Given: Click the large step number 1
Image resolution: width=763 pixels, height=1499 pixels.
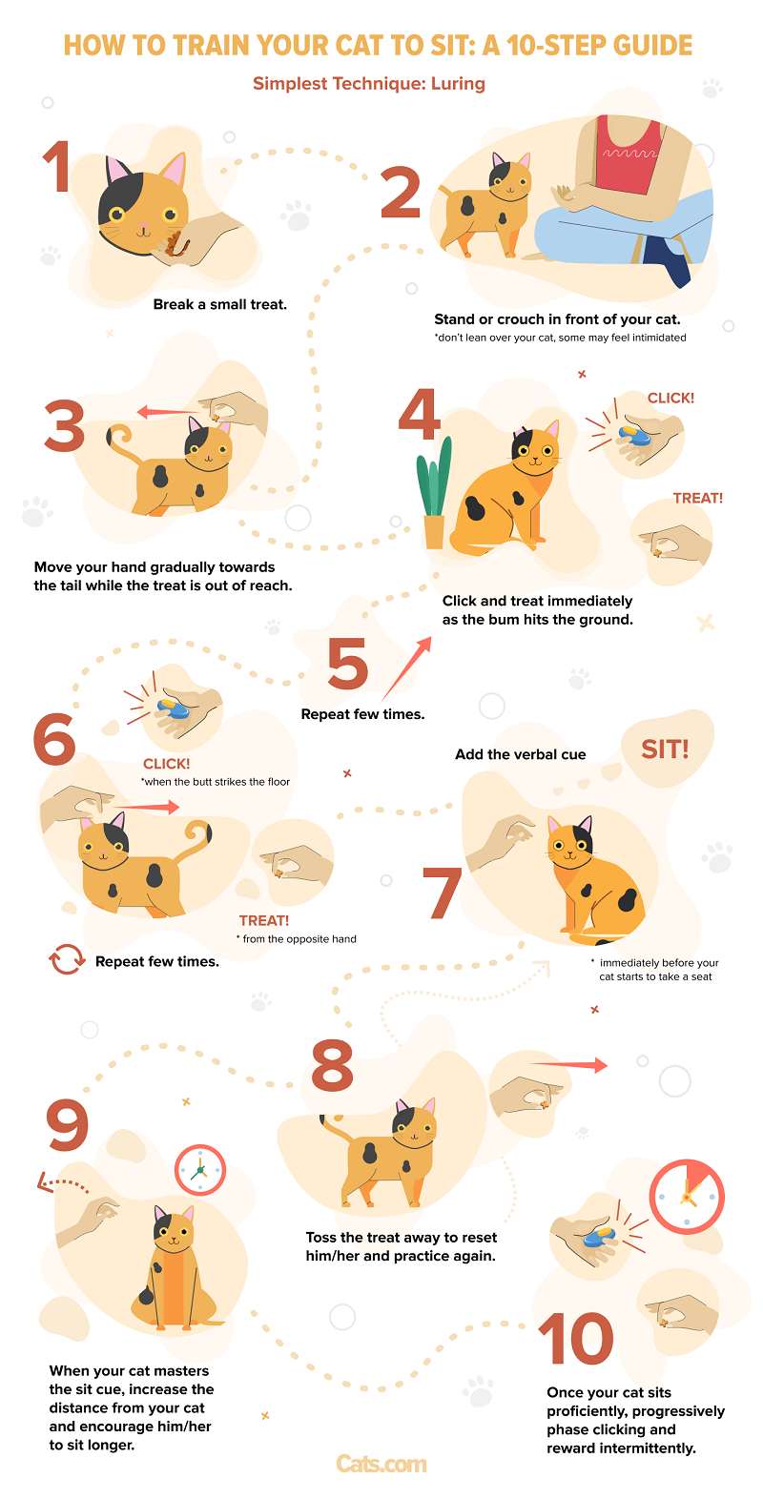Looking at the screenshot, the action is point(59,166).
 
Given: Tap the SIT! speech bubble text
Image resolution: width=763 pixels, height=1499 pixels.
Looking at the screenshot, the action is point(665,749).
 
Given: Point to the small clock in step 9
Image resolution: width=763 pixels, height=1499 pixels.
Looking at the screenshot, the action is point(200,1170).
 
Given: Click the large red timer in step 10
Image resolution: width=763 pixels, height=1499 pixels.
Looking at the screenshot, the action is point(687,1197).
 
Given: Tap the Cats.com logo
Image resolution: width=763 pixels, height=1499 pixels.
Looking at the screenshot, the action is point(381,1464).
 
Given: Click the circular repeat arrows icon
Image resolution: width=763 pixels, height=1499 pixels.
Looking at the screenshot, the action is point(67,959).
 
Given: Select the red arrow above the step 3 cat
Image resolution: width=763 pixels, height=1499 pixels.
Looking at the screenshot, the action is point(167,412).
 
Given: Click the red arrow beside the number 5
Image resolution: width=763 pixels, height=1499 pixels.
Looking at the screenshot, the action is point(406,667).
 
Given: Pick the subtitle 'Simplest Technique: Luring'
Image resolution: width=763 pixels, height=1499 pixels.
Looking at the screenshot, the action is point(369,84).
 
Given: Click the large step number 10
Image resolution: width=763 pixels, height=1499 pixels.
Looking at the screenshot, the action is point(576,1339).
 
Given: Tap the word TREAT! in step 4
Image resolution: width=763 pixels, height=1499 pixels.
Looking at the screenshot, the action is point(698,498).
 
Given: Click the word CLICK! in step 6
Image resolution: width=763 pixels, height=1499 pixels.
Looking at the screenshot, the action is point(166,764).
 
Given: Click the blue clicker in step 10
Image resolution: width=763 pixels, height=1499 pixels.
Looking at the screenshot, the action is point(598,1238).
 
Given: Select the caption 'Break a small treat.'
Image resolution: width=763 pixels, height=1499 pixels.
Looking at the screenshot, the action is point(219,304).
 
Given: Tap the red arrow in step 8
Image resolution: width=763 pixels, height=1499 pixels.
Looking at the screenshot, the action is point(568,1064).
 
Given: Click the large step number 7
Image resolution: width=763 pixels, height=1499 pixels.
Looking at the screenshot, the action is point(442,893).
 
